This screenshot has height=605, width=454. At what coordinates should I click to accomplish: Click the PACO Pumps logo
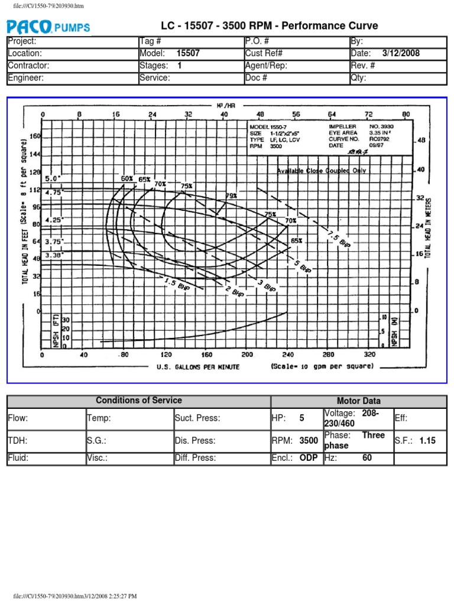point(48,26)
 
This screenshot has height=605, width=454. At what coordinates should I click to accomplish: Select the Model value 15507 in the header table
point(188,53)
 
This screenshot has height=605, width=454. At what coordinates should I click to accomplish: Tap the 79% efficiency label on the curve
point(231,195)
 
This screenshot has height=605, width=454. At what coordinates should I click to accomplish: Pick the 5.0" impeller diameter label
point(53,177)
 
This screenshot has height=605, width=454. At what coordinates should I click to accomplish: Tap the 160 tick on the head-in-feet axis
point(34,136)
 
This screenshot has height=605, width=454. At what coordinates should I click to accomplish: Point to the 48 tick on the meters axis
point(421,141)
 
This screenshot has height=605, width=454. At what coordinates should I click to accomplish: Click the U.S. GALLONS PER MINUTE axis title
point(198,367)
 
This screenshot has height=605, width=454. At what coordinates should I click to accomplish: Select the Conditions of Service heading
point(139,401)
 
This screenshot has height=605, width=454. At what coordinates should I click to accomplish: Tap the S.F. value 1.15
point(429,441)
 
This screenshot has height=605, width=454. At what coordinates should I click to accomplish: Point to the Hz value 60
point(367,457)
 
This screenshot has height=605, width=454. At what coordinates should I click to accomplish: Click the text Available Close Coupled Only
point(322,171)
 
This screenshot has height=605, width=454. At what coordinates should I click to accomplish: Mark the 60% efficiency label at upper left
point(127,178)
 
